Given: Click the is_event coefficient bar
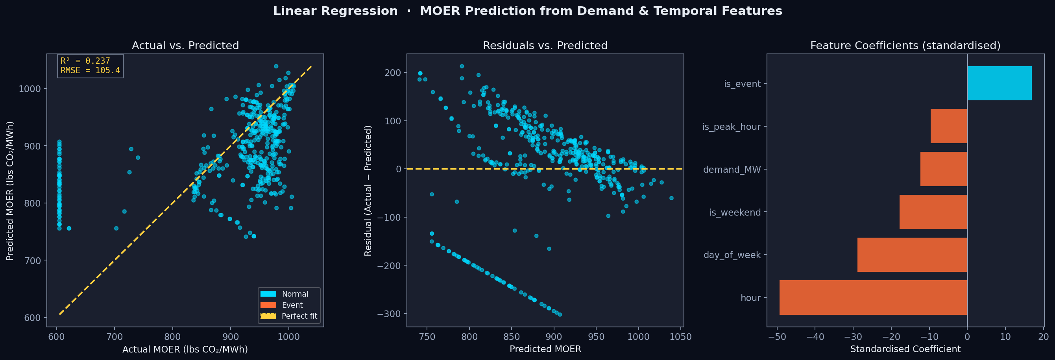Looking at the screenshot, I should tap(999, 83).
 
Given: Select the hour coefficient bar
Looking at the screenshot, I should tap(873, 297).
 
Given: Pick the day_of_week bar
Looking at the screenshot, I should tap(912, 255).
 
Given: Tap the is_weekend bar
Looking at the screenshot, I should tap(933, 212).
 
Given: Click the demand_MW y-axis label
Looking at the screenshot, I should tap(732, 170).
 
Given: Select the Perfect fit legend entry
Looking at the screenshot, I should tap(299, 316).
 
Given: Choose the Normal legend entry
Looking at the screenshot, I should tap(294, 294).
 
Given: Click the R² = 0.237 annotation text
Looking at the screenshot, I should tap(85, 61).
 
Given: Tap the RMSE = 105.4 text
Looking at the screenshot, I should tap(90, 70).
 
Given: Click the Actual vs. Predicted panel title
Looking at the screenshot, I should tap(185, 46).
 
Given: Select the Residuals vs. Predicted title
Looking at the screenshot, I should tap(545, 46).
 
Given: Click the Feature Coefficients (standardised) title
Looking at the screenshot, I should tap(905, 46).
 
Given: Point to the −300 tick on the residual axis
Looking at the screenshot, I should tap(390, 314).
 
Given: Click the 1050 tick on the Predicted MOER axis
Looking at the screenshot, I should tap(680, 337).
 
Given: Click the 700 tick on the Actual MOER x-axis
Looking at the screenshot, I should tap(114, 337).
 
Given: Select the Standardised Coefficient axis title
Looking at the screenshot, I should tap(905, 349).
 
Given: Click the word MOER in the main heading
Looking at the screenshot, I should tap(440, 11).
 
